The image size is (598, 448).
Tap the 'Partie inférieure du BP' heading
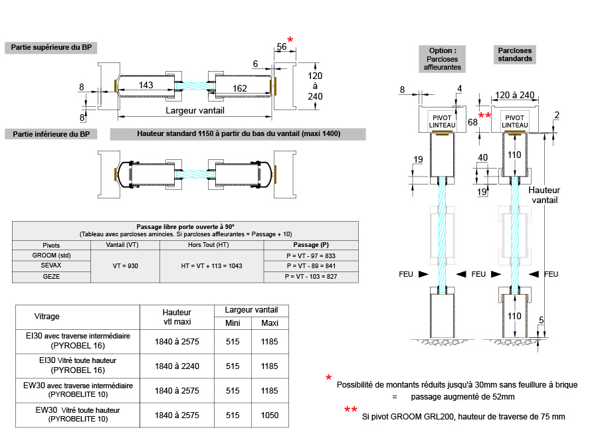tap(51, 134)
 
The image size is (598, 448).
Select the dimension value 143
tap(146, 85)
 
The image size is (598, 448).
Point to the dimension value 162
tap(240, 88)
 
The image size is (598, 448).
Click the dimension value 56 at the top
tap(282, 46)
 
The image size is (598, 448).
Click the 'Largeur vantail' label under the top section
tap(195, 110)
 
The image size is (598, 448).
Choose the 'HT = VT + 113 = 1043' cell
tap(212, 265)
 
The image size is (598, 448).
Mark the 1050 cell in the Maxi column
tap(270, 415)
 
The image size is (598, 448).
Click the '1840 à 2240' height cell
tap(177, 366)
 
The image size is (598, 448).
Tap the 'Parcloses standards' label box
tap(515, 54)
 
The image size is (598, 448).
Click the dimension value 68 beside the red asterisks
tap(472, 122)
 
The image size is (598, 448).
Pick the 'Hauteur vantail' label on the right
tap(544, 194)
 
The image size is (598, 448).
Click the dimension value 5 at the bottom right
tap(541, 321)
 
